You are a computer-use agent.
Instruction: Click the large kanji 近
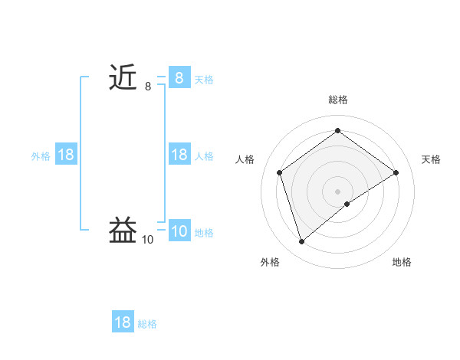click(x=123, y=78)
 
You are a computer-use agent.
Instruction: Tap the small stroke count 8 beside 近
click(x=148, y=87)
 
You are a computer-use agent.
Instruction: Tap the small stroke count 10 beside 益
click(x=147, y=240)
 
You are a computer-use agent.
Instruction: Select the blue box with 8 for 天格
click(x=179, y=78)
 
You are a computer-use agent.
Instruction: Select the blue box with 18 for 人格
click(x=179, y=155)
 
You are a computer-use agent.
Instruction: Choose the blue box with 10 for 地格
click(x=179, y=231)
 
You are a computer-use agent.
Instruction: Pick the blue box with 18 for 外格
click(x=66, y=155)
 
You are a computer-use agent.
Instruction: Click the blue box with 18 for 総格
click(x=123, y=322)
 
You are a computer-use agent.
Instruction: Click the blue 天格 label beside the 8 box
click(x=204, y=79)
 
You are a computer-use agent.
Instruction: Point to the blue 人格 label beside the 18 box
click(x=204, y=155)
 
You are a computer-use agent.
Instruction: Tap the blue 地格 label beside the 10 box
click(x=204, y=232)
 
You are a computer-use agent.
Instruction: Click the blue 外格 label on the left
click(x=41, y=155)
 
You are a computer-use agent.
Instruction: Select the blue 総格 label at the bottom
click(x=147, y=323)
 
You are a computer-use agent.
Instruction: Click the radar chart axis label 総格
click(x=337, y=100)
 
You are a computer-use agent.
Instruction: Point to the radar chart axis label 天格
click(x=431, y=159)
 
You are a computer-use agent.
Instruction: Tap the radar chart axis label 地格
click(x=402, y=262)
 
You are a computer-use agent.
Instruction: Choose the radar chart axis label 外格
click(x=270, y=262)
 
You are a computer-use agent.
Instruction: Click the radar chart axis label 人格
click(x=245, y=159)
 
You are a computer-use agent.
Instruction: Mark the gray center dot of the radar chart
click(x=337, y=191)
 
